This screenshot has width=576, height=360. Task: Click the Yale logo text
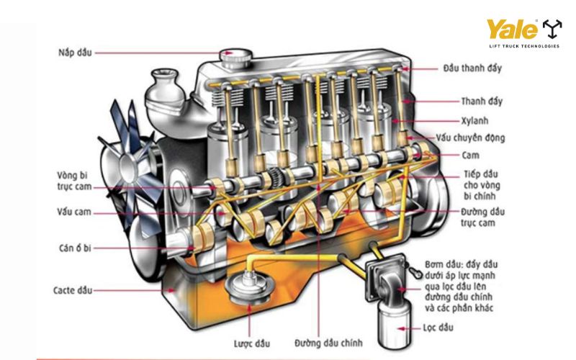coord(513,30)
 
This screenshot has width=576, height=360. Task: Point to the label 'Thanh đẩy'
coord(482,102)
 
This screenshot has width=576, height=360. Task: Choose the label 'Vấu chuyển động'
coord(480,138)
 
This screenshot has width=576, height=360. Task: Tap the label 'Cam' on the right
coord(471,155)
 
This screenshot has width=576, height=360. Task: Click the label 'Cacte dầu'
coord(73,290)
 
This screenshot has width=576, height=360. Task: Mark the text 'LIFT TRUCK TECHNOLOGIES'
coord(523,46)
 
